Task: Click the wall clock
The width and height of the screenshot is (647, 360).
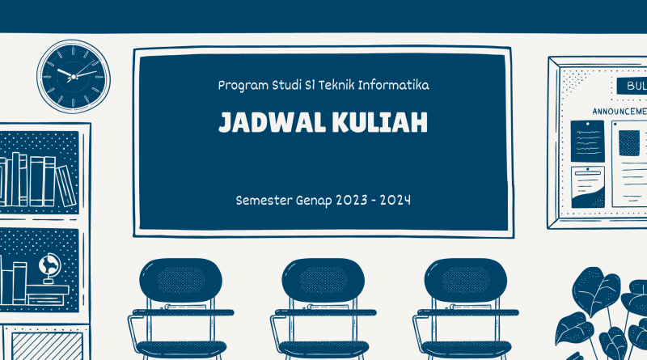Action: coord(74,77)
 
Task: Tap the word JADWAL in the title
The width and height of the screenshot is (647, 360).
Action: coord(273,122)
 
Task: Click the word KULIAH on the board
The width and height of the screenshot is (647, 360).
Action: coord(379,122)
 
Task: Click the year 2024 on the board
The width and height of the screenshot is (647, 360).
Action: coord(395,201)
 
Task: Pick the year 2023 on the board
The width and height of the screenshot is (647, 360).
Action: coord(351,201)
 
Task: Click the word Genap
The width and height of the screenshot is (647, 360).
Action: coord(314,201)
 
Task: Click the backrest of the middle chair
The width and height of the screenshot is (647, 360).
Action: coord(323,281)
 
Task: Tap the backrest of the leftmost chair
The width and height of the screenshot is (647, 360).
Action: coord(180,281)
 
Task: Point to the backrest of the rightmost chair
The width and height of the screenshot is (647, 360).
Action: coord(466,281)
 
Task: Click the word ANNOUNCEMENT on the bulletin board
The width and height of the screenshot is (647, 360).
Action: coord(620,112)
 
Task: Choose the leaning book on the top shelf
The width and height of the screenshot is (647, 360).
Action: coord(66,185)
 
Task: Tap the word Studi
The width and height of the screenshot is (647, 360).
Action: coord(286,85)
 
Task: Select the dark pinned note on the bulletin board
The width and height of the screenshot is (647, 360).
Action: coord(587,142)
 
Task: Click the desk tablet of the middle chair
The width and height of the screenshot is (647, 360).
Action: coord(326,312)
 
